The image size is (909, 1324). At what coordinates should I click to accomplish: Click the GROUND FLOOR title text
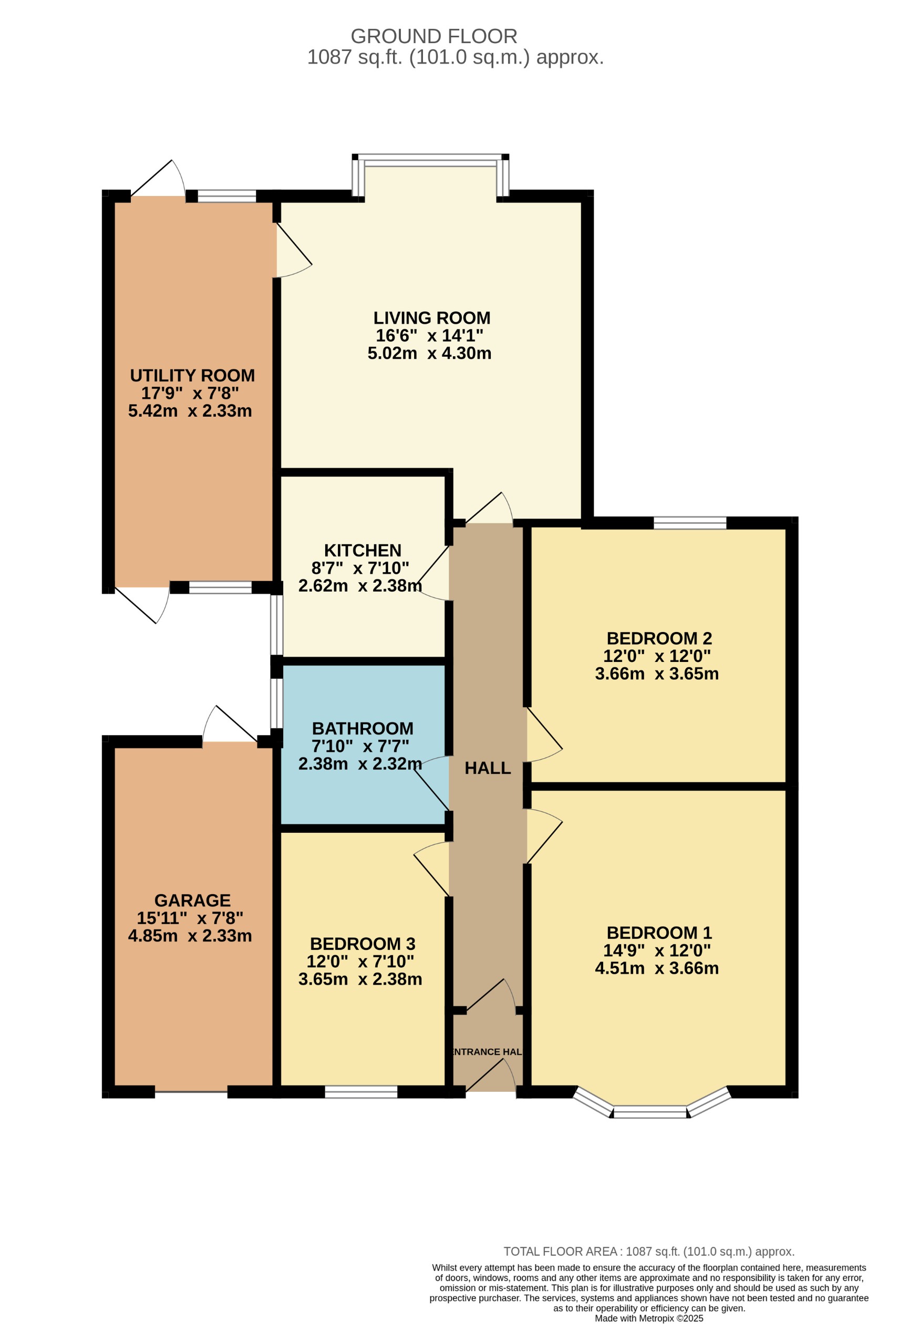tap(433, 36)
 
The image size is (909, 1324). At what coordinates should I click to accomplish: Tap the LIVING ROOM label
tap(431, 318)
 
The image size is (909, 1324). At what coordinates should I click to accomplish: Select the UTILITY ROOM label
tap(192, 376)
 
